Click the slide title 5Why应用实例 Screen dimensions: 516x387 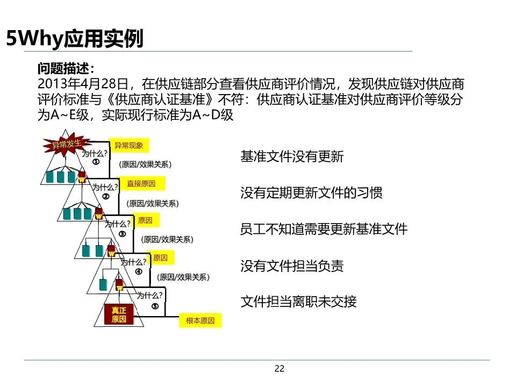pos(75,39)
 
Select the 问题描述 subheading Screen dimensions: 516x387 pos(66,69)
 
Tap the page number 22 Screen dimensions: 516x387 pos(279,368)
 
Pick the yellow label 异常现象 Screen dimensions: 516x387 pos(128,145)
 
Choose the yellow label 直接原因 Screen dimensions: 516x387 pos(141,183)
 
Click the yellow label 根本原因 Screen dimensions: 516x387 pos(200,321)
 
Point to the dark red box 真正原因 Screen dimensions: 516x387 pos(119,315)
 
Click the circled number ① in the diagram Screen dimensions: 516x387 pos(96,162)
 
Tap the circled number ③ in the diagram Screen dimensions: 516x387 pos(122,234)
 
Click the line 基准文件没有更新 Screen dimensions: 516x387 pos(292,157)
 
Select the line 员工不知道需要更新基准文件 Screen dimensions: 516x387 pos(324,229)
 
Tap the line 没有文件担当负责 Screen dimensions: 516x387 pos(292,266)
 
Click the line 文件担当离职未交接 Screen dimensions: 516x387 pos(298,302)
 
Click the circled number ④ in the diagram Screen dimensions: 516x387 pos(138,271)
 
